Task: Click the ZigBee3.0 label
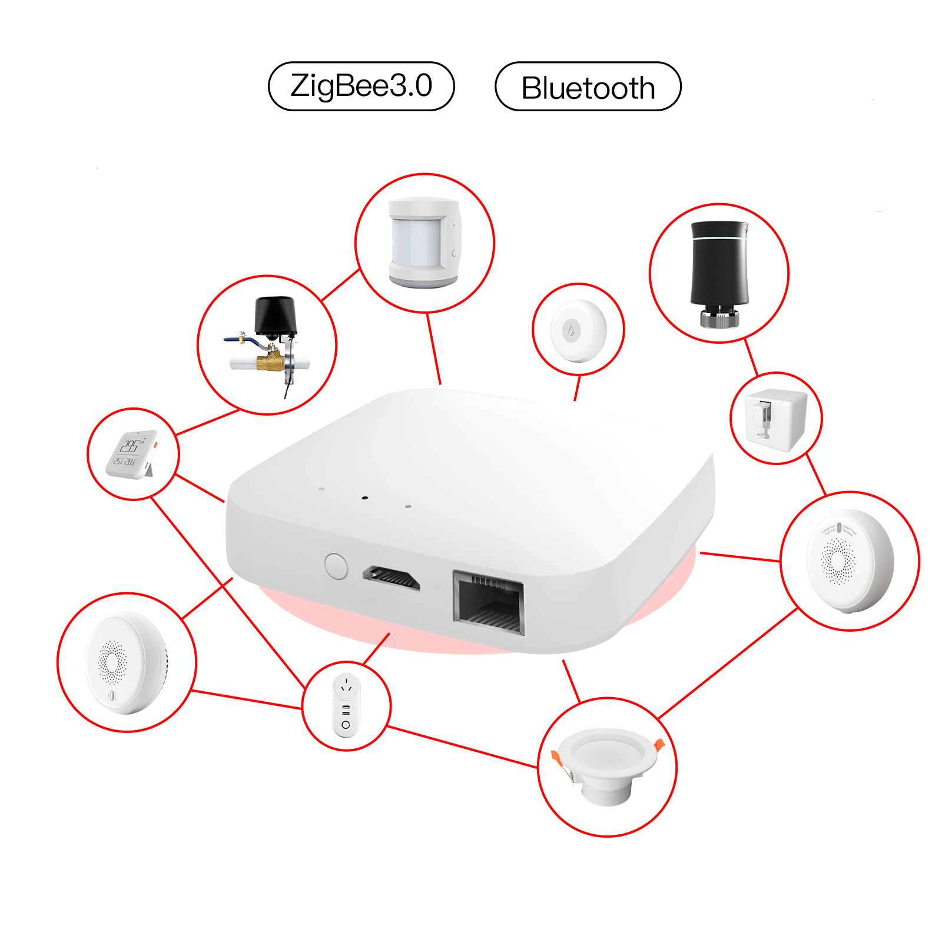(x=361, y=86)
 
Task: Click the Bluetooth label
(x=588, y=87)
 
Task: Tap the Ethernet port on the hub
(x=489, y=603)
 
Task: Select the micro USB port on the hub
(x=391, y=578)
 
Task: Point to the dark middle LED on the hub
(x=365, y=497)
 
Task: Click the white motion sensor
(x=424, y=242)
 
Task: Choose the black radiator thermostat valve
(x=719, y=273)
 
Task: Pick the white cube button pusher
(x=774, y=419)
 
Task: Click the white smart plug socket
(x=346, y=705)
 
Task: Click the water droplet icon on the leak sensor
(x=571, y=331)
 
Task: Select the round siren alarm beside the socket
(x=126, y=662)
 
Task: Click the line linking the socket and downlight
(x=463, y=747)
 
